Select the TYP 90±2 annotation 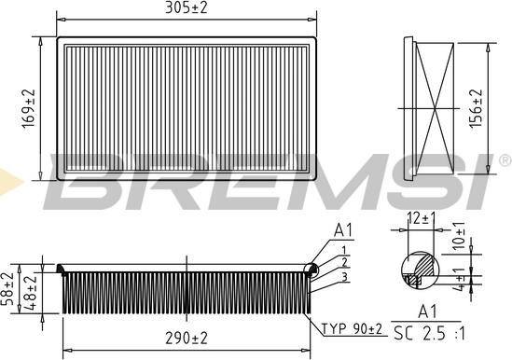point(353,328)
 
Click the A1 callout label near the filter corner point(343,229)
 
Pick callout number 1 point(344,249)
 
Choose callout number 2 point(344,263)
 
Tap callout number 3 point(344,277)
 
